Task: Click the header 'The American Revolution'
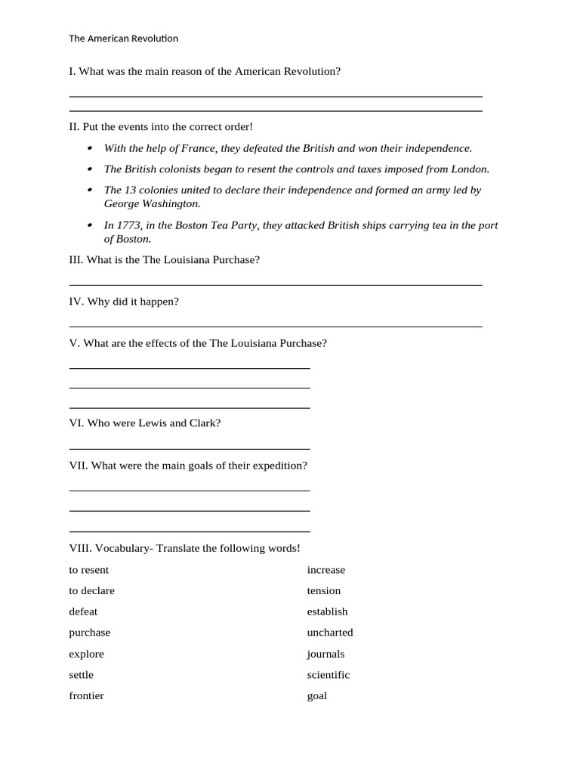click(x=123, y=39)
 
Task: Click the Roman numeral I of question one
click(x=72, y=71)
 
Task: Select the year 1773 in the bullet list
click(x=128, y=225)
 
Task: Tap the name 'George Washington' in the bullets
click(x=152, y=203)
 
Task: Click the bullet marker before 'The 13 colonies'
click(x=90, y=190)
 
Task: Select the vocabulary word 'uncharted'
click(x=330, y=633)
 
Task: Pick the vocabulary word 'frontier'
click(x=86, y=695)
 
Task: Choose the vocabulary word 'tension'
click(x=323, y=590)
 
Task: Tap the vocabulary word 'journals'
click(x=325, y=654)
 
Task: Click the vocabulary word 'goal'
click(x=316, y=695)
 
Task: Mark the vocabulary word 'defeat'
click(x=83, y=611)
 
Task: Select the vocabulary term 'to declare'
click(x=91, y=590)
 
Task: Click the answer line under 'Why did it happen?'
click(x=276, y=327)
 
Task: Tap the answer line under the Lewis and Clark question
click(x=189, y=449)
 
